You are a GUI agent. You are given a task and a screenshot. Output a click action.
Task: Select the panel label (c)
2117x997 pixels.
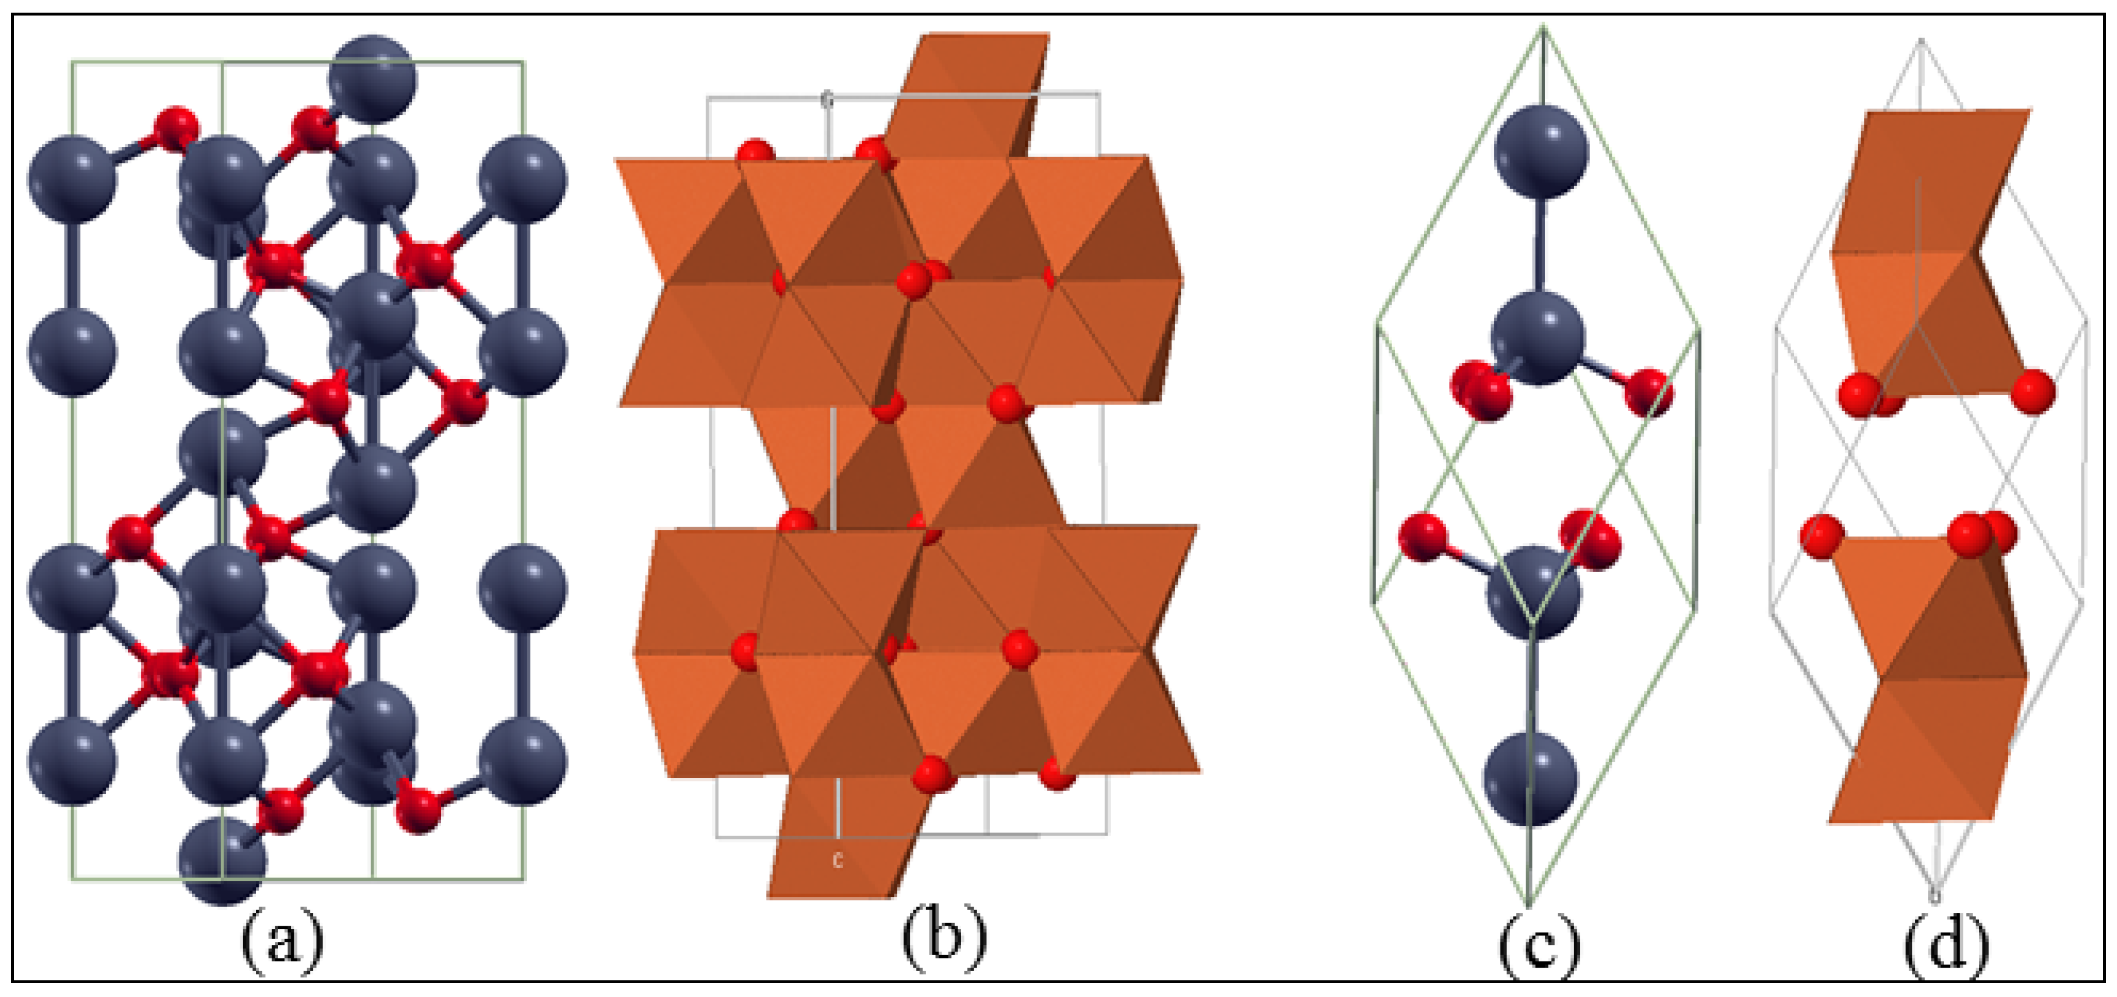1538,947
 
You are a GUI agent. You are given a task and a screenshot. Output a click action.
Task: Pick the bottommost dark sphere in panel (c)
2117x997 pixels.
1530,779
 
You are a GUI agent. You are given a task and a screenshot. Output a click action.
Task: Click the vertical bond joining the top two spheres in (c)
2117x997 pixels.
1541,247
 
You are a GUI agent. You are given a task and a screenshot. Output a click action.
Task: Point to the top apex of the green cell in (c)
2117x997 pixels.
1543,29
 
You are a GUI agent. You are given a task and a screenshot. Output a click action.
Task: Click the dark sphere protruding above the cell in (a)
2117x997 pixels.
372,79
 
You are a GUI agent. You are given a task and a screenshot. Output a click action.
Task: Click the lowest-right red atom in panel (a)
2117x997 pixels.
419,810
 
